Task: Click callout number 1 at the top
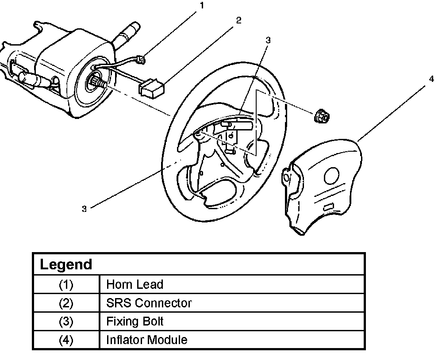pos(203,6)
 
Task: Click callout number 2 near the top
pos(238,20)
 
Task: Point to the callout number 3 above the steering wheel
pos(268,40)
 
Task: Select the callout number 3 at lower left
pos(84,209)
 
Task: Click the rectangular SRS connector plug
pos(152,88)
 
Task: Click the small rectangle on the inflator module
pos(329,207)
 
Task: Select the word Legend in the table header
pos(66,264)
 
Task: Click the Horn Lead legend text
pos(135,284)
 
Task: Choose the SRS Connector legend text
pos(149,303)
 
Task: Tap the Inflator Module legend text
pos(146,340)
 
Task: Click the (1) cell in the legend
pos(65,284)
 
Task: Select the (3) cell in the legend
pos(65,321)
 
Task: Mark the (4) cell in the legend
pos(65,340)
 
